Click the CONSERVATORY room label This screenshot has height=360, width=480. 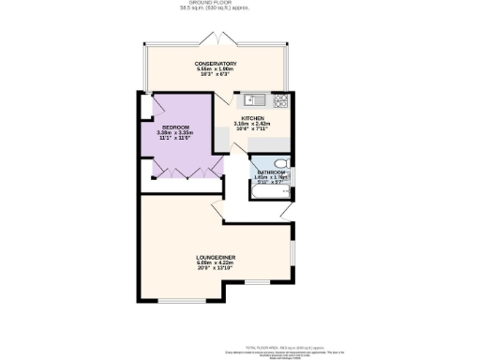(216, 64)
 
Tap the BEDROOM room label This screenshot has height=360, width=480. (175, 127)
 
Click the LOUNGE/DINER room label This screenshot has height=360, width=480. (215, 256)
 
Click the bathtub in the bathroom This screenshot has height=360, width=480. (266, 194)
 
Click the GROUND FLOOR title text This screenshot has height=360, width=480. (216, 4)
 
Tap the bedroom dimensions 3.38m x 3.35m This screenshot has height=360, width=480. (175, 133)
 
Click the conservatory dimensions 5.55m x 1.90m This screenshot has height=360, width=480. (216, 70)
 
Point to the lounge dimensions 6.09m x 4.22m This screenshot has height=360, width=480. (215, 262)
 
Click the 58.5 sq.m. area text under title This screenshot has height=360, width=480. (216, 9)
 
